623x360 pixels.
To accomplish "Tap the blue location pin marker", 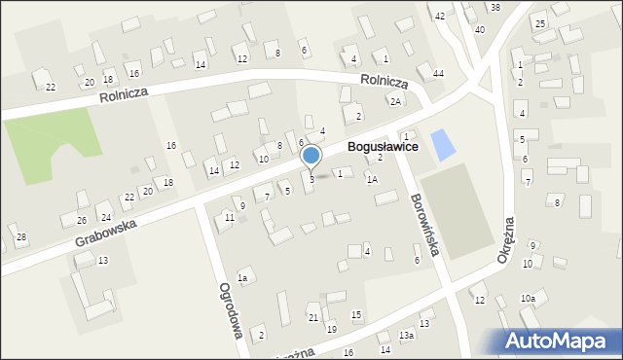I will pos(311,156).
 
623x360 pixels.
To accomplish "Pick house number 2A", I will pos(394,101).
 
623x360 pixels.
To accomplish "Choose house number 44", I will pos(439,74).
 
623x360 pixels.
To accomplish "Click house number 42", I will pos(440,17).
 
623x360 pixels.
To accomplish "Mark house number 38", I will pos(495,8).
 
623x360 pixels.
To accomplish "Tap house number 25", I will pos(540,22).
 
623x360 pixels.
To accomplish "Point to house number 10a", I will pos(528,298).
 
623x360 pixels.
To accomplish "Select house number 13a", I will pos(406,336).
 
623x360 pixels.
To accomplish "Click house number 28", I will pos(21,237).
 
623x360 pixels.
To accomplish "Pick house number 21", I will pos(312,318).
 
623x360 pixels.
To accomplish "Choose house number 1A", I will pos(372,179).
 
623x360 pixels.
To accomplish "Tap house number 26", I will pos(82,220).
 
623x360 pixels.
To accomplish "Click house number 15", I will pos(356,314).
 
